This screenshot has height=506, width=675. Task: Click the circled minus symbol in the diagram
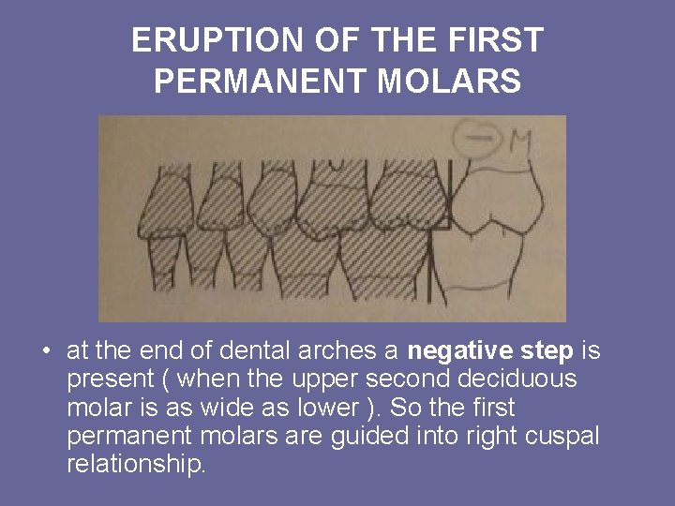click(475, 139)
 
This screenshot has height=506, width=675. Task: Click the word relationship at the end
click(135, 465)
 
